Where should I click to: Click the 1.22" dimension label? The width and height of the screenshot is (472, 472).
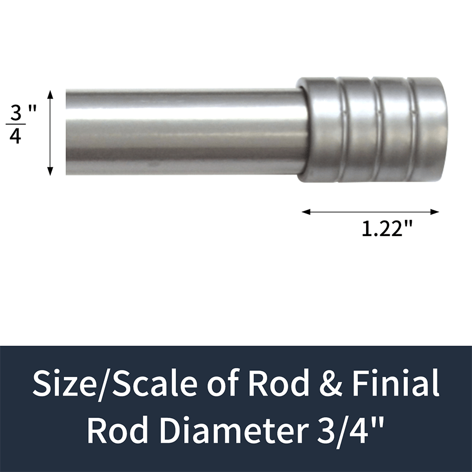(x=387, y=229)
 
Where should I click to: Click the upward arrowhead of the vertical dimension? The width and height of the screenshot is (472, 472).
(x=50, y=95)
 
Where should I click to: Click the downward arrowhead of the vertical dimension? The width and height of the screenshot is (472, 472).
(x=50, y=171)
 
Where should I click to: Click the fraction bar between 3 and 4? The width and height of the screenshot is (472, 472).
(x=16, y=124)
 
